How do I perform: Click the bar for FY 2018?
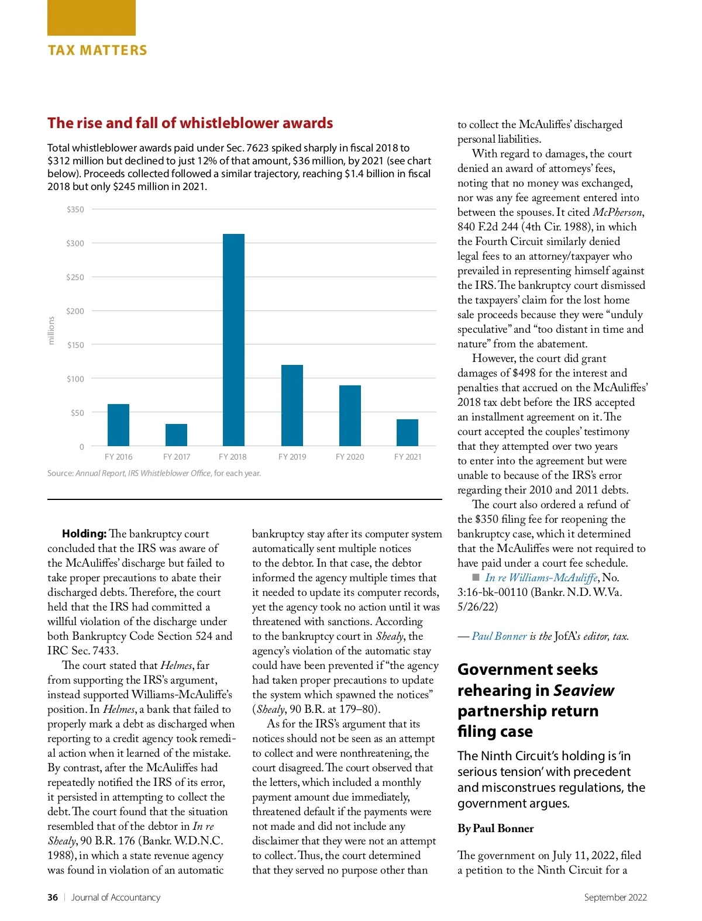click(x=233, y=340)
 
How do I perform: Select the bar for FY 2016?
click(x=118, y=425)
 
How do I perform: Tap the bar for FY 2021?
click(x=407, y=433)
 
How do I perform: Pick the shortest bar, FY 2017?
click(x=176, y=435)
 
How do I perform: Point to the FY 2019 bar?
click(x=292, y=405)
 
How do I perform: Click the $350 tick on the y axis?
click(x=75, y=209)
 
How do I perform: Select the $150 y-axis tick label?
click(x=75, y=345)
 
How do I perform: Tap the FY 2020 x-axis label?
click(x=350, y=457)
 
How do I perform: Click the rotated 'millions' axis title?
click(x=51, y=330)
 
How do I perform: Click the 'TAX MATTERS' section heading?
click(x=97, y=50)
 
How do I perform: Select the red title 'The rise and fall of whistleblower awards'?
click(x=190, y=123)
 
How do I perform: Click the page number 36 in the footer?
click(x=53, y=897)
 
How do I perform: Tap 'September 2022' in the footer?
click(x=615, y=897)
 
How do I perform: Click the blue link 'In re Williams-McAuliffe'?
click(x=541, y=578)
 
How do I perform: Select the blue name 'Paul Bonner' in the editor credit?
click(x=499, y=636)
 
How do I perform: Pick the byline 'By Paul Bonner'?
click(x=495, y=828)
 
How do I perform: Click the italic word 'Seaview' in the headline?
click(x=584, y=691)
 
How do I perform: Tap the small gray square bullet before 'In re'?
click(x=476, y=577)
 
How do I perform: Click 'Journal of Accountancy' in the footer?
click(x=116, y=897)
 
